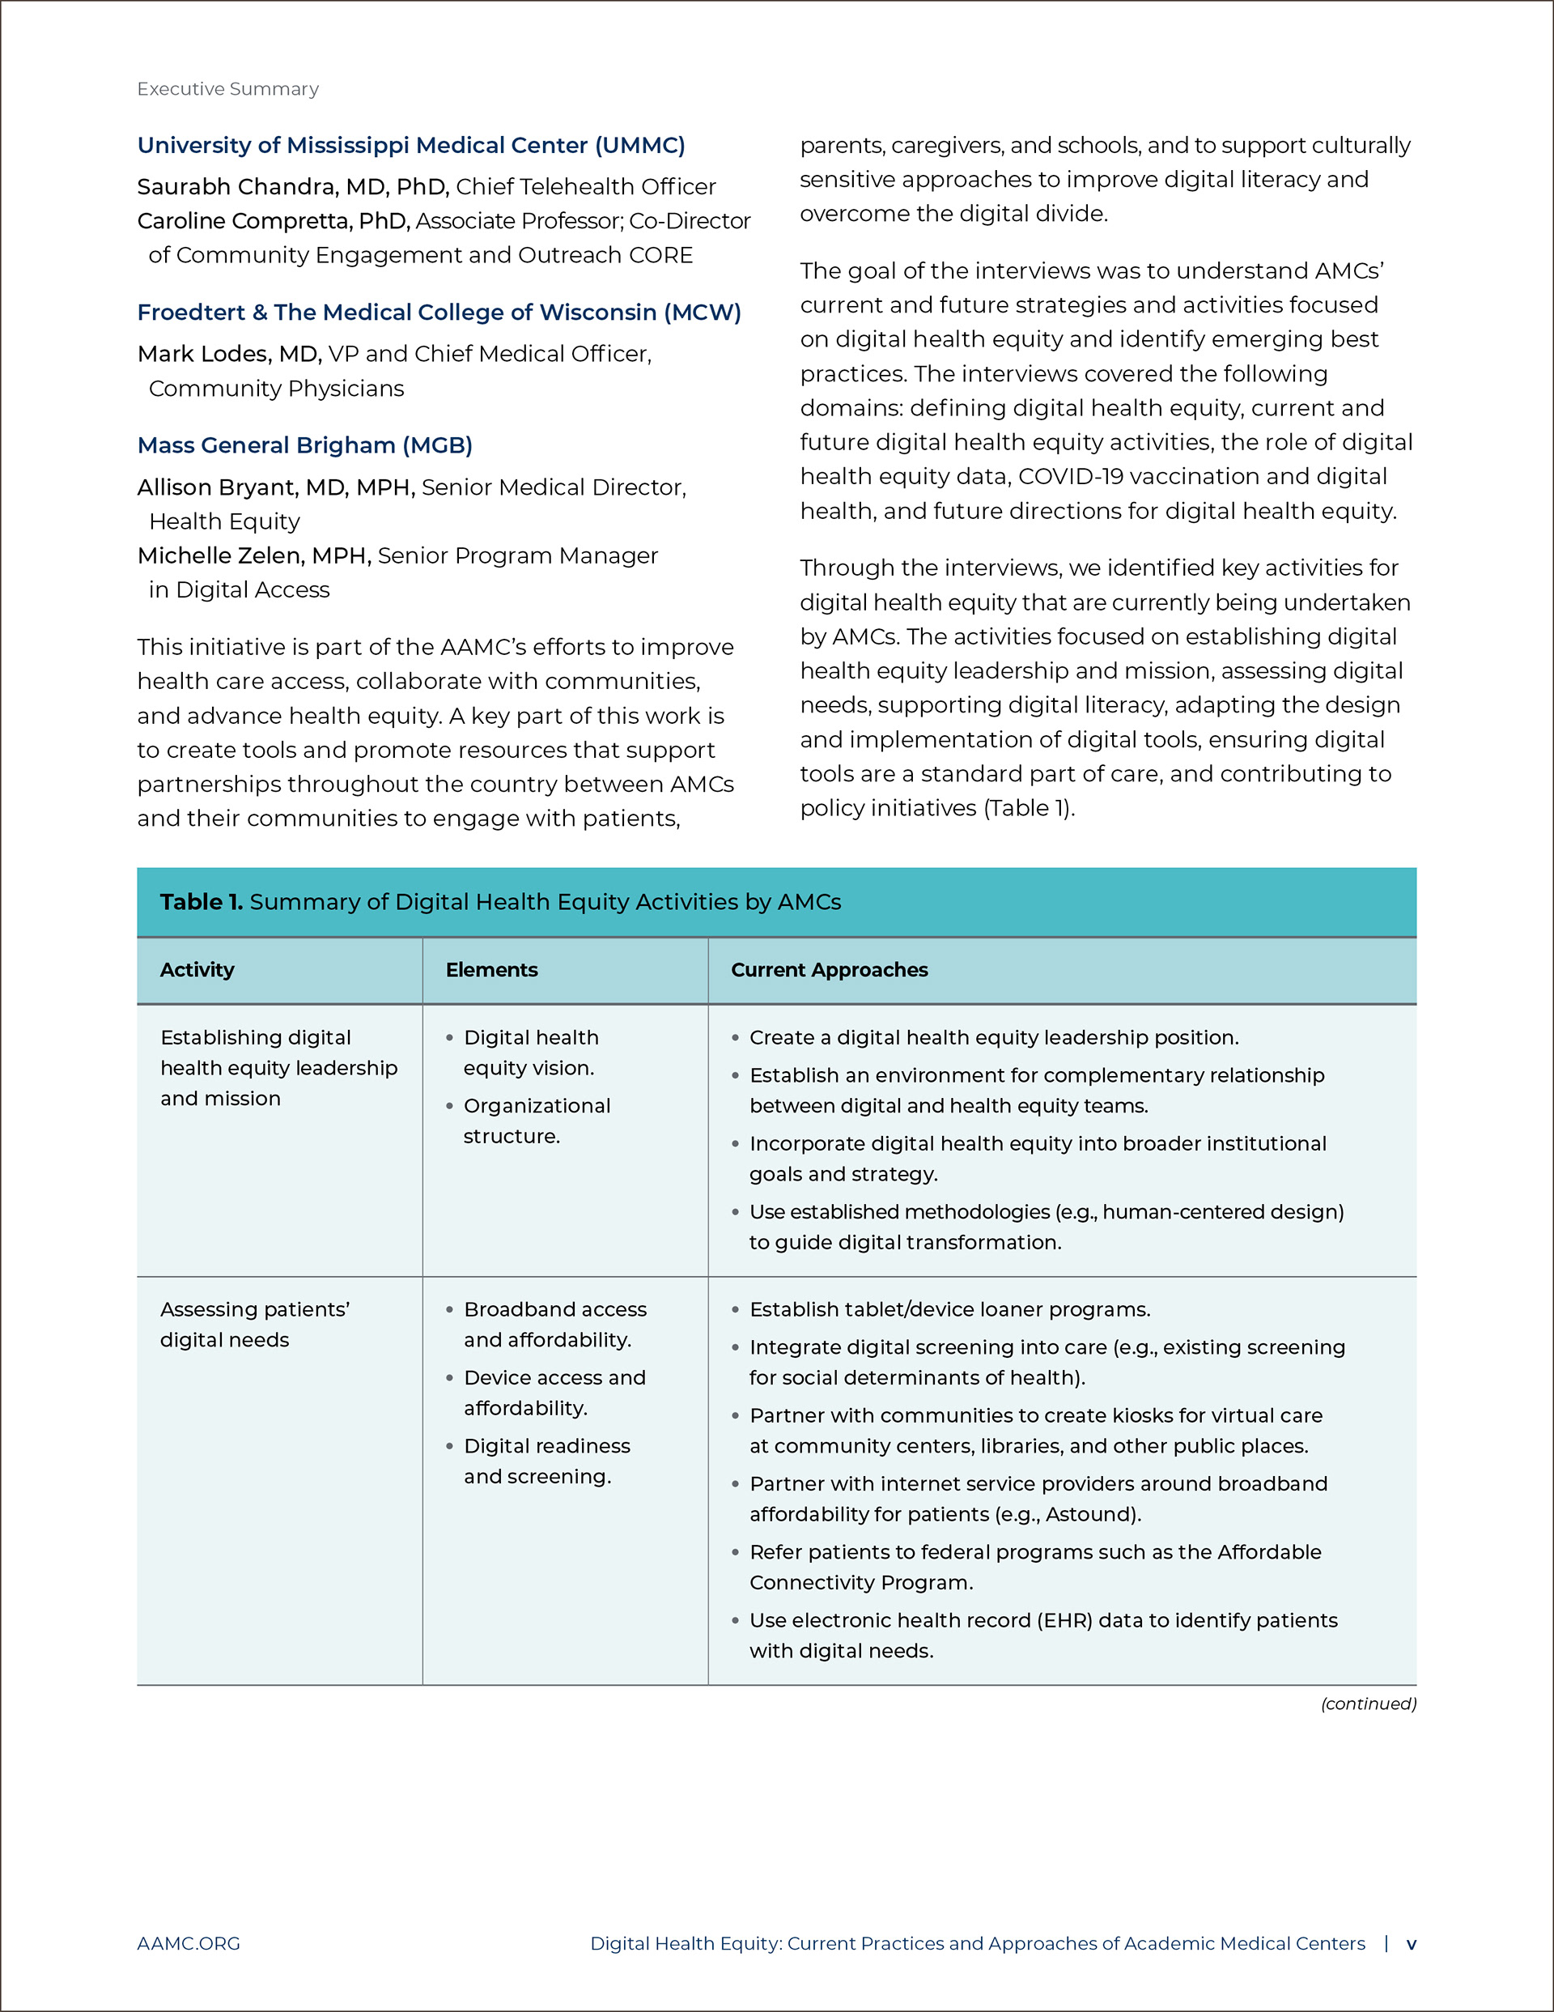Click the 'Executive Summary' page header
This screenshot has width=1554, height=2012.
pos(227,89)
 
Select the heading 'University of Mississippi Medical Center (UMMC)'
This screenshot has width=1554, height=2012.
pos(411,146)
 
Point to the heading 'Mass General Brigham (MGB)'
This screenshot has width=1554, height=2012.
pos(305,446)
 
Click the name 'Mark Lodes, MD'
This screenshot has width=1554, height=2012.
pos(228,355)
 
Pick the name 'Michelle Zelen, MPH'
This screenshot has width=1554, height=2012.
pos(253,556)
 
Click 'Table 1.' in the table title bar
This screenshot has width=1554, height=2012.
pos(201,902)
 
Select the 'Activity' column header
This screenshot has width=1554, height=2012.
pos(197,970)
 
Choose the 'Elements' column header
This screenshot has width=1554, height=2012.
pos(491,970)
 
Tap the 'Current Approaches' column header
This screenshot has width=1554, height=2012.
pos(829,970)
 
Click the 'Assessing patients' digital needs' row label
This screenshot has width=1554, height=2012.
pos(254,1325)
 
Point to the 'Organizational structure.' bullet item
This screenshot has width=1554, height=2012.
pos(536,1121)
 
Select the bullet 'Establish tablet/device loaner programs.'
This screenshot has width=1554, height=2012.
pos(949,1310)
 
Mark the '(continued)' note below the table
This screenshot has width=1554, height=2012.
pos(1368,1704)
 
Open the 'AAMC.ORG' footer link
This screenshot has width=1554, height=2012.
pos(188,1944)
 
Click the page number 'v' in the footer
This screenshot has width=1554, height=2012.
pos(1410,1944)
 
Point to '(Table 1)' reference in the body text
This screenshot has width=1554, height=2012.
pos(1028,809)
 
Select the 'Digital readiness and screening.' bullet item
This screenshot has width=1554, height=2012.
pos(546,1461)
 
